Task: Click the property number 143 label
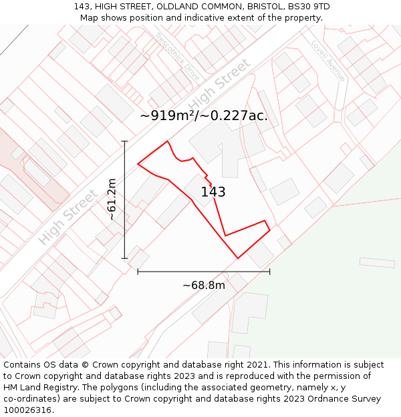coord(213,192)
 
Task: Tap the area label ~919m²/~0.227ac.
coord(204,115)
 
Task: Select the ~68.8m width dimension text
coord(204,286)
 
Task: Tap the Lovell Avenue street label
coord(328,61)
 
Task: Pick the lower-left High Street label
coord(68,217)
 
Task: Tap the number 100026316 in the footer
coord(29,410)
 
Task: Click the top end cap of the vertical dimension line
coord(124,141)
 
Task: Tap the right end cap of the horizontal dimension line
coord(269,271)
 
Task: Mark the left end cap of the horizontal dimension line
coord(138,271)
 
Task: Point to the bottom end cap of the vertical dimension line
coord(124,258)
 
